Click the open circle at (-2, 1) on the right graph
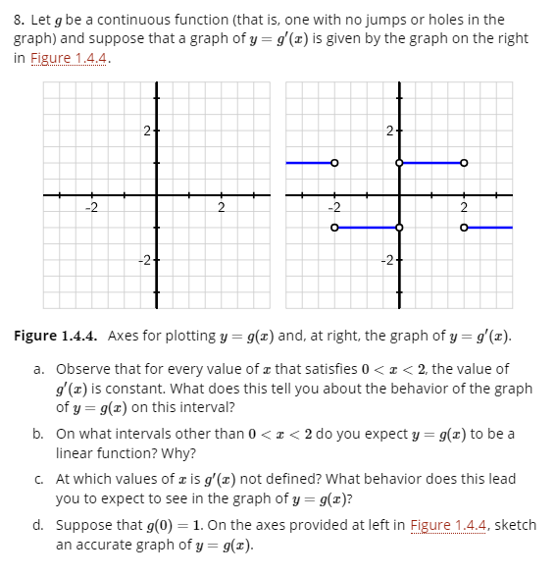click(334, 163)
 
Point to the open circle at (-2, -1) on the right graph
click(334, 228)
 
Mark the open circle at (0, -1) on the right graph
click(399, 228)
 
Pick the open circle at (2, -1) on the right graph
click(464, 228)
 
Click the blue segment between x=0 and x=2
click(431, 163)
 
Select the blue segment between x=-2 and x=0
click(367, 228)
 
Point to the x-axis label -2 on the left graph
click(90, 207)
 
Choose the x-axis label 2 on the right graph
click(464, 207)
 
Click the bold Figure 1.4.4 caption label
click(56, 336)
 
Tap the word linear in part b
click(76, 452)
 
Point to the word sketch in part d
click(516, 526)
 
